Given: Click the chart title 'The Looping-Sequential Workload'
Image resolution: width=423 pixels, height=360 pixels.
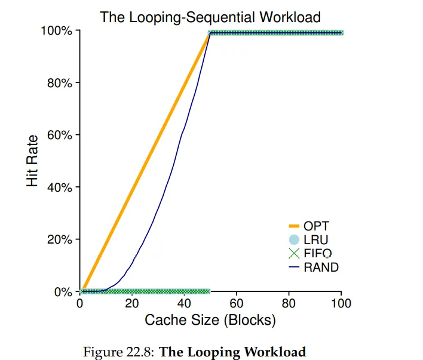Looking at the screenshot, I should (x=210, y=17).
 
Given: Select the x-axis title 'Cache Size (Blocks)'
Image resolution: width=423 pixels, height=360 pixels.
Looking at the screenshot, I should (x=210, y=320).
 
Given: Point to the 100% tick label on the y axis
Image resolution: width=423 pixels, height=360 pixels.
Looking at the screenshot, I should (x=57, y=30).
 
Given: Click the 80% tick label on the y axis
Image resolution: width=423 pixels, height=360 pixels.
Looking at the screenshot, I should (x=60, y=83).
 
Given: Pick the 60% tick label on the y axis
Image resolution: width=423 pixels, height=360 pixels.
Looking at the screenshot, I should (x=60, y=135).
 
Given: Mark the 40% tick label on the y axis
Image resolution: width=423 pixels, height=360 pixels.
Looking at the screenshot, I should (x=60, y=187).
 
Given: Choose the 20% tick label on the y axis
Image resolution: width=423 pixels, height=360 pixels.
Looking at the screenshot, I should (x=60, y=240).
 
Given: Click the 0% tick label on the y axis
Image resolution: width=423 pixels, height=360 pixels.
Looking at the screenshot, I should (x=63, y=292).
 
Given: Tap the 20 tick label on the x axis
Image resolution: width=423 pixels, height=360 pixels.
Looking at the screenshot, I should (x=132, y=304).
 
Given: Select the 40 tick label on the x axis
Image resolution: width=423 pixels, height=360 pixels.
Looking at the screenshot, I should (x=184, y=304).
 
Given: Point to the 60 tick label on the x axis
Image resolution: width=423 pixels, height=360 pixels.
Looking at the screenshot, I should (x=237, y=304).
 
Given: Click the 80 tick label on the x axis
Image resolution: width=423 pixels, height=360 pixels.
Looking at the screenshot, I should (x=289, y=304).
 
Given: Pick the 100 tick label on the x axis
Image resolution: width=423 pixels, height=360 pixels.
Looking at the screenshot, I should (x=341, y=304).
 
